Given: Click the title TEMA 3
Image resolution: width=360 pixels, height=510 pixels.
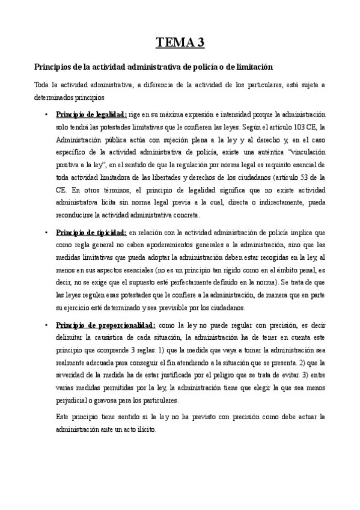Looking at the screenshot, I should [180, 42].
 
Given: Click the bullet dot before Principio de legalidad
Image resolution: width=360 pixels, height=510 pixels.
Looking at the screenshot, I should [46, 114].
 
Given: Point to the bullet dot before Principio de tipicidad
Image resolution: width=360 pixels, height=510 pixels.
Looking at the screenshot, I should [46, 232].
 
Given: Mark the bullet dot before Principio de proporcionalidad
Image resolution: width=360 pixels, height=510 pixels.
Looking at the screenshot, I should [46, 325].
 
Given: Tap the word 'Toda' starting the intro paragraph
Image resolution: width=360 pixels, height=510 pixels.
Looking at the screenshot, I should [42, 85].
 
